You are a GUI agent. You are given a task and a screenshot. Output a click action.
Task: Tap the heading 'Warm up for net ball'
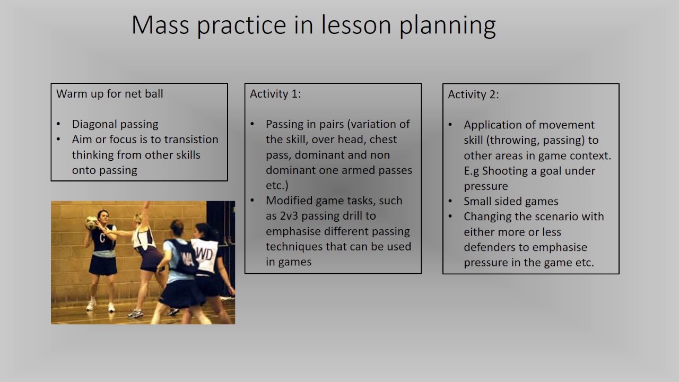pyautogui.click(x=110, y=94)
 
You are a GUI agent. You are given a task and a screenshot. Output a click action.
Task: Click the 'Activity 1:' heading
pyautogui.click(x=275, y=94)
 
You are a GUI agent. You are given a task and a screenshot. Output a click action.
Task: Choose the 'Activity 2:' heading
pyautogui.click(x=473, y=94)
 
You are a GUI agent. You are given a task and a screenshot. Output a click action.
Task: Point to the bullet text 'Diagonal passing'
pyautogui.click(x=115, y=124)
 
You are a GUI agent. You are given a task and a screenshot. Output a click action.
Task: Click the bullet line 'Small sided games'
pyautogui.click(x=511, y=202)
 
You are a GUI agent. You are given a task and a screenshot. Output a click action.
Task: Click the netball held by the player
pyautogui.click(x=91, y=222)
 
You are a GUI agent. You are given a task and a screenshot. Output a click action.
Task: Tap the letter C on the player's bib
pyautogui.click(x=102, y=238)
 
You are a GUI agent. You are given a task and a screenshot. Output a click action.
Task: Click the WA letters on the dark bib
pyautogui.click(x=187, y=259)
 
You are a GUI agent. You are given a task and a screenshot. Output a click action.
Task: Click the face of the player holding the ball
pyautogui.click(x=103, y=216)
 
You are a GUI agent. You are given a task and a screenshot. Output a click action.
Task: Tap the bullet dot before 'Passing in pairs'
pyautogui.click(x=253, y=125)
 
